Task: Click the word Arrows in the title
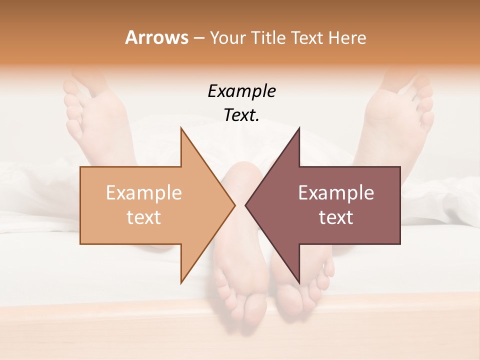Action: (156, 37)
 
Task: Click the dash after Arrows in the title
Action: (198, 38)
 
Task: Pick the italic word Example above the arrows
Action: (241, 91)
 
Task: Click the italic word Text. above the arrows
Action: (241, 115)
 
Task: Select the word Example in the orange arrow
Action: (144, 193)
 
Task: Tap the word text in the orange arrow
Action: (144, 217)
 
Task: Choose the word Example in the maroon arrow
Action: (336, 193)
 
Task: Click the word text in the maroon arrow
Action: (336, 217)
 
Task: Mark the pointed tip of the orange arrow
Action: (234, 205)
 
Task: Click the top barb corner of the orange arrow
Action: (181, 128)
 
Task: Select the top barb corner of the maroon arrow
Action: (299, 128)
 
